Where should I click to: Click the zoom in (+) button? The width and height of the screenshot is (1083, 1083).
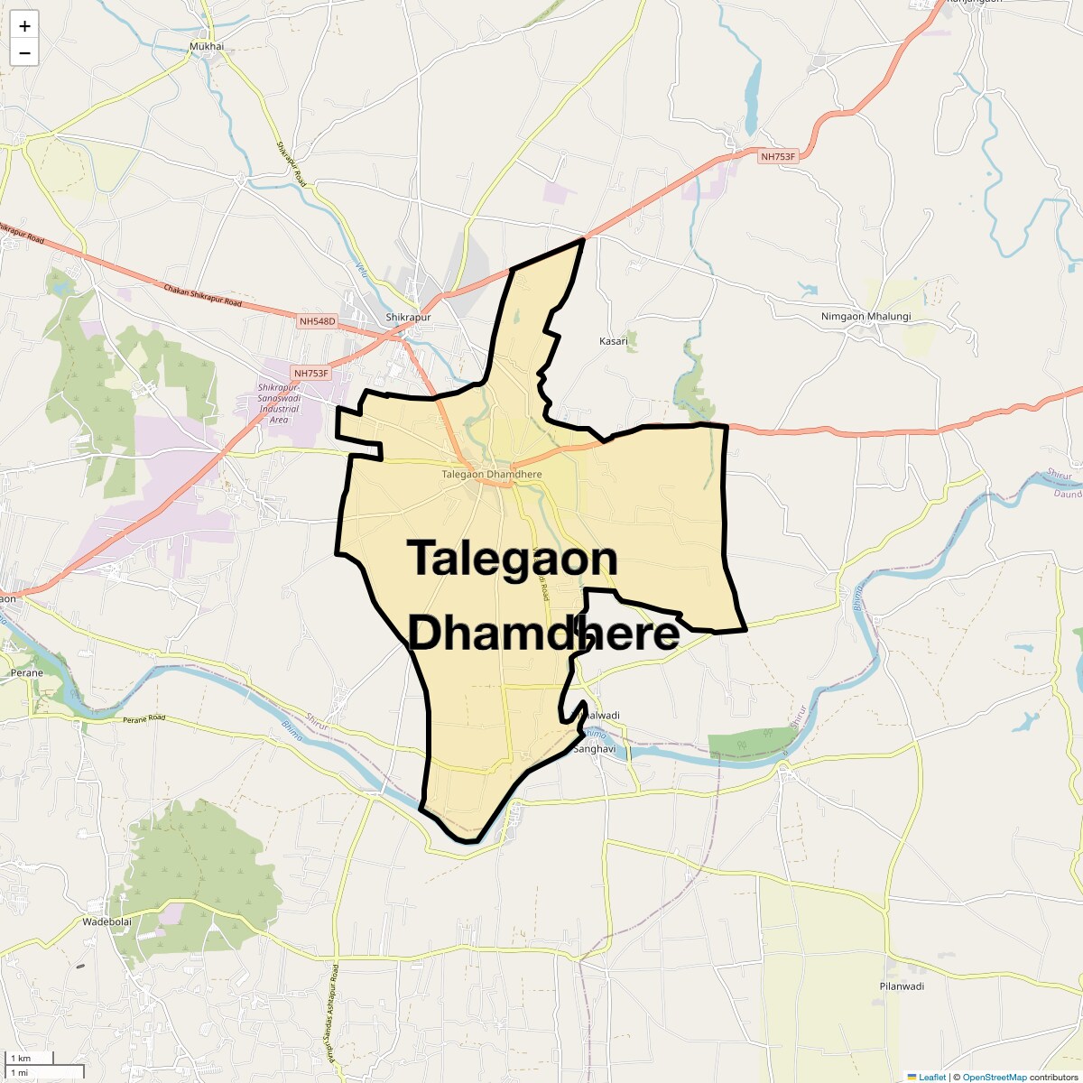(24, 26)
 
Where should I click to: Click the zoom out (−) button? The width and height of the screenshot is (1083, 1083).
(24, 53)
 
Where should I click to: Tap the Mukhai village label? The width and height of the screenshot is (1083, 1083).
(207, 47)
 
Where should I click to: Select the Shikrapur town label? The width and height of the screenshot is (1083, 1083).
(408, 318)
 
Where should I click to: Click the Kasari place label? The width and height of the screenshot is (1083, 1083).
(614, 341)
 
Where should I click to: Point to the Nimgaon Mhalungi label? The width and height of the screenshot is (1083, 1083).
(865, 317)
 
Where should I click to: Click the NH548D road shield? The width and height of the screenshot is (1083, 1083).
(317, 321)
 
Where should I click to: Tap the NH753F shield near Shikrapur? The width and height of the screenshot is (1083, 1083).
(311, 373)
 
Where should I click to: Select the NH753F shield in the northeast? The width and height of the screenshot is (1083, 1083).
(778, 157)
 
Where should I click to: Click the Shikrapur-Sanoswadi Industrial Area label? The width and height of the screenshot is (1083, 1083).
(279, 403)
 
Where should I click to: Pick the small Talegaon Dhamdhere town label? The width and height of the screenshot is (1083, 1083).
(492, 475)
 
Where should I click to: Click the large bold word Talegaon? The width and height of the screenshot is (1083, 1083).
(512, 559)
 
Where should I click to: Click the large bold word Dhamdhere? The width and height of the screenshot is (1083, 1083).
(543, 633)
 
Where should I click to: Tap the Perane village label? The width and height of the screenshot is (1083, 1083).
(27, 673)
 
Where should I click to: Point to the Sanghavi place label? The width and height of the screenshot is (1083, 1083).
(595, 749)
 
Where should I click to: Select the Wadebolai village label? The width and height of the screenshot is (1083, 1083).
(106, 922)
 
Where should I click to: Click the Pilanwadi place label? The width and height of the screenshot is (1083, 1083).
(902, 986)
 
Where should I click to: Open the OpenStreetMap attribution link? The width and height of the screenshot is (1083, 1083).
(994, 1077)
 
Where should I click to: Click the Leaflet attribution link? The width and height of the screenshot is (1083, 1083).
(932, 1077)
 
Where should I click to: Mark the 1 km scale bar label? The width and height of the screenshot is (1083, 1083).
(21, 1058)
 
